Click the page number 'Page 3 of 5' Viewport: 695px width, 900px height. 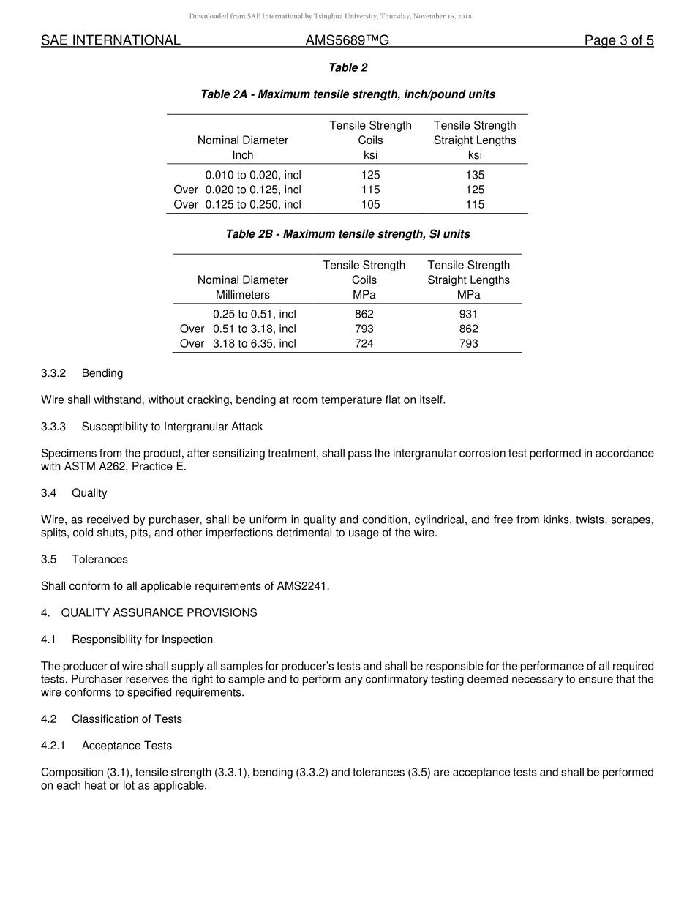(x=618, y=41)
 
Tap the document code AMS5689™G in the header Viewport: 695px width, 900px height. (x=347, y=41)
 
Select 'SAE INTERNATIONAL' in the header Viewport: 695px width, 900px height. (x=110, y=41)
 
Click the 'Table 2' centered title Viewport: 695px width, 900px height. (x=348, y=68)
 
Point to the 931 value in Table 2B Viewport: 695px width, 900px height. (x=468, y=314)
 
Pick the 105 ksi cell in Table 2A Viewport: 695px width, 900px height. (x=370, y=205)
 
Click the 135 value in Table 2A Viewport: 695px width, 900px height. (x=475, y=175)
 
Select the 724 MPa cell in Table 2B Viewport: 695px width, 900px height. (x=364, y=343)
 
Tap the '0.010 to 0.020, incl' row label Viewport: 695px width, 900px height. (x=253, y=175)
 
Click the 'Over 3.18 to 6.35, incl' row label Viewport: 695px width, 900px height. (x=238, y=343)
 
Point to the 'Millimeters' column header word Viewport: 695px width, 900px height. (x=242, y=295)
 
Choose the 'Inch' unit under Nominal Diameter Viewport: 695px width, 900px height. (x=242, y=155)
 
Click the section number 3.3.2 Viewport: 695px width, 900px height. (x=53, y=373)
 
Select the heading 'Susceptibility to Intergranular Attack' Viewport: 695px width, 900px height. (x=172, y=427)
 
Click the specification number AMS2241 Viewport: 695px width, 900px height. (x=301, y=586)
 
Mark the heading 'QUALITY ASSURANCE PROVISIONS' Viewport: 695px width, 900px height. (x=159, y=613)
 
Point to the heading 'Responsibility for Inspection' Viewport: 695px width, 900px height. (x=142, y=640)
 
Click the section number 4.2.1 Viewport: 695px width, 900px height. (x=53, y=746)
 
